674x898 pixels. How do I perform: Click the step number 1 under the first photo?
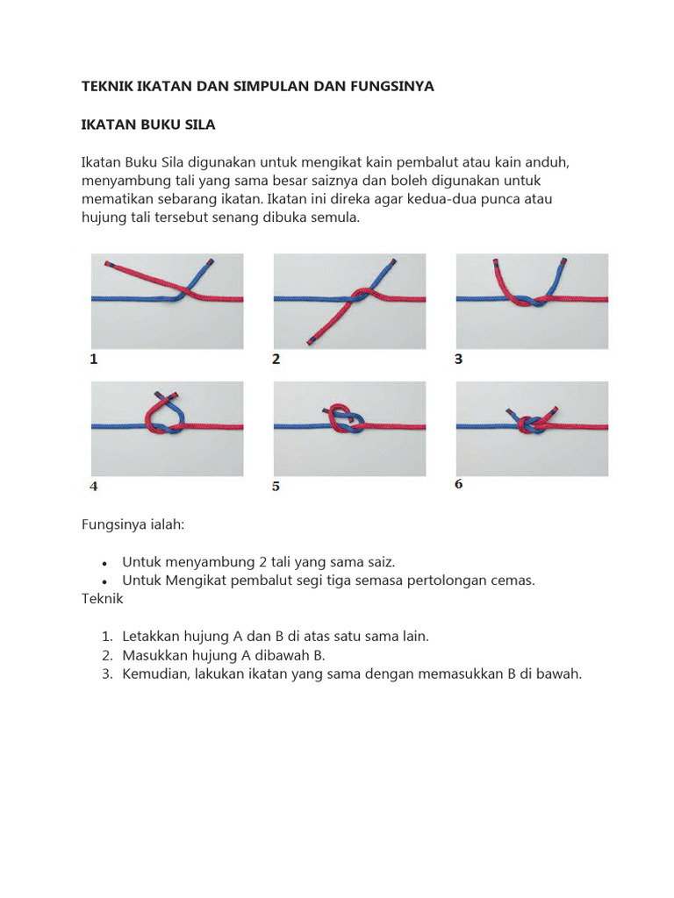point(93,359)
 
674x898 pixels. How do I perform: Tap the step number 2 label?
point(276,359)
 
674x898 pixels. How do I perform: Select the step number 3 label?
point(458,359)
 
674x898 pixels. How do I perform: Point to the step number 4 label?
point(93,485)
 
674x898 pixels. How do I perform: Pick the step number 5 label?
point(276,486)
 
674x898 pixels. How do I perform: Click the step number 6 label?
point(458,483)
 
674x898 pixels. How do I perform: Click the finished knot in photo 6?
point(531,424)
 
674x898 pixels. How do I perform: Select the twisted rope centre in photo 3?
point(528,301)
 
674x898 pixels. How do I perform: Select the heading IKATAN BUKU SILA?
point(148,125)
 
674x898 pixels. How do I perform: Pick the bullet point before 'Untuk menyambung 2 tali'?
point(104,562)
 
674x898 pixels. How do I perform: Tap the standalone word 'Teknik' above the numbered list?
point(103,599)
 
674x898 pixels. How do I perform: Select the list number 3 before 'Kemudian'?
point(105,674)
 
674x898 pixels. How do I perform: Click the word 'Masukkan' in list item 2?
point(154,655)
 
